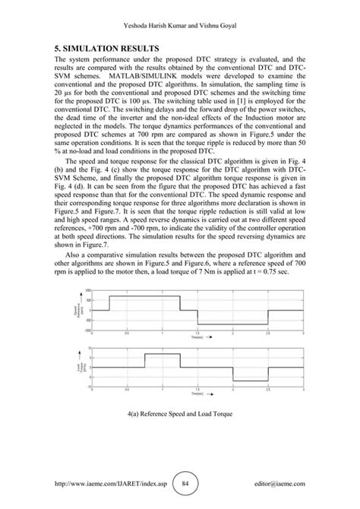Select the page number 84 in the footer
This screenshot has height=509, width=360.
[179, 483]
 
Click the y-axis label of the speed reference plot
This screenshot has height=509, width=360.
[75, 311]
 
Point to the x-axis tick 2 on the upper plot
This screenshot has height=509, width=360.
[232, 332]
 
